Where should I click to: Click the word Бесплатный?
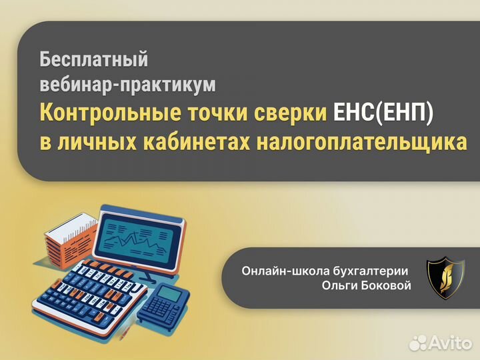(93, 59)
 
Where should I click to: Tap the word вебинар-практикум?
(128, 85)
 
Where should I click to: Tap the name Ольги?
(337, 286)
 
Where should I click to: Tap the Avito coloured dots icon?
(419, 342)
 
